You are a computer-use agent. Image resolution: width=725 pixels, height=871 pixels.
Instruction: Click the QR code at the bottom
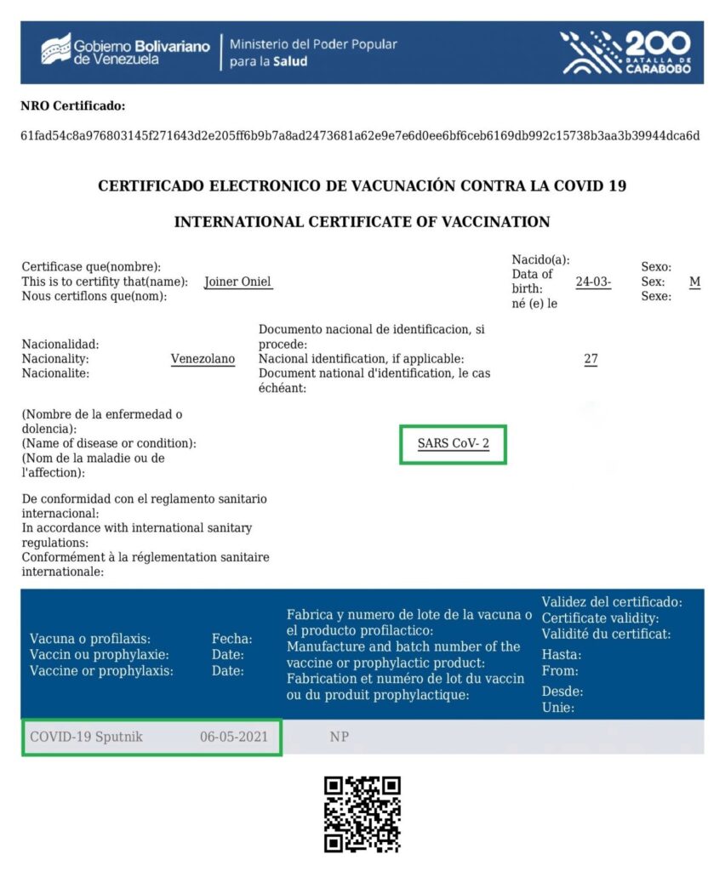point(362,814)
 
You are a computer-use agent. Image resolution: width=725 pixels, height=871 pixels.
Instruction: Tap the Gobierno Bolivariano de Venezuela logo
point(125,52)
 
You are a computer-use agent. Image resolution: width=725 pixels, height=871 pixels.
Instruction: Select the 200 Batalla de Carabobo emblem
point(625,52)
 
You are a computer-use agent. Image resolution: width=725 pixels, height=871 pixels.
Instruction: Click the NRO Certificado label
point(72,106)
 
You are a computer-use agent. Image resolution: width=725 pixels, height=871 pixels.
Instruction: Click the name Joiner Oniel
point(238,282)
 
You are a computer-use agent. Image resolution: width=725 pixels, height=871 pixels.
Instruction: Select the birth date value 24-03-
point(593,282)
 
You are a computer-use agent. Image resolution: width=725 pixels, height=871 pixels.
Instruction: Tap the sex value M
point(694,282)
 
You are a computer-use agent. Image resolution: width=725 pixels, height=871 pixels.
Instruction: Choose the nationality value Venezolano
point(203,359)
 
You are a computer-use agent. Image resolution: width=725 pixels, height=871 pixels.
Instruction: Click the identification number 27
point(591,359)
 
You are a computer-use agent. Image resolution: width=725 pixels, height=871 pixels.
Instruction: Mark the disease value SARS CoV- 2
point(453,443)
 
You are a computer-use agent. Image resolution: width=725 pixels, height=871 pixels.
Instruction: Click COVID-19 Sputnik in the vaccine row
point(86,737)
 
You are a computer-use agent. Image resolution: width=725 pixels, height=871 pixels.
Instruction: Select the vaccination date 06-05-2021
point(233,737)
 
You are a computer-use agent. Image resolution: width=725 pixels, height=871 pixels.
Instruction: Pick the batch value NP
point(340,737)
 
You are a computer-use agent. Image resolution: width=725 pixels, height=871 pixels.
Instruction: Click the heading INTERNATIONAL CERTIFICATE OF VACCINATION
point(362,222)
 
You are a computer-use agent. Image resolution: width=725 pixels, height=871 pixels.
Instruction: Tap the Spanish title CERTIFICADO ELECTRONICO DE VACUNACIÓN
point(362,185)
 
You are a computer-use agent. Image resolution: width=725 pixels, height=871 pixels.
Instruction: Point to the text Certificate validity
point(600,618)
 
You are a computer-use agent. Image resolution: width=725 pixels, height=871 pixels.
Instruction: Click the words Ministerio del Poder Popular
point(313,44)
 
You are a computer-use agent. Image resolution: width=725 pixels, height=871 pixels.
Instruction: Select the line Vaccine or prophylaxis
point(101,670)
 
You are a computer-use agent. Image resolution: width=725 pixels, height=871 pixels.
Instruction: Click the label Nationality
point(56,359)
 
